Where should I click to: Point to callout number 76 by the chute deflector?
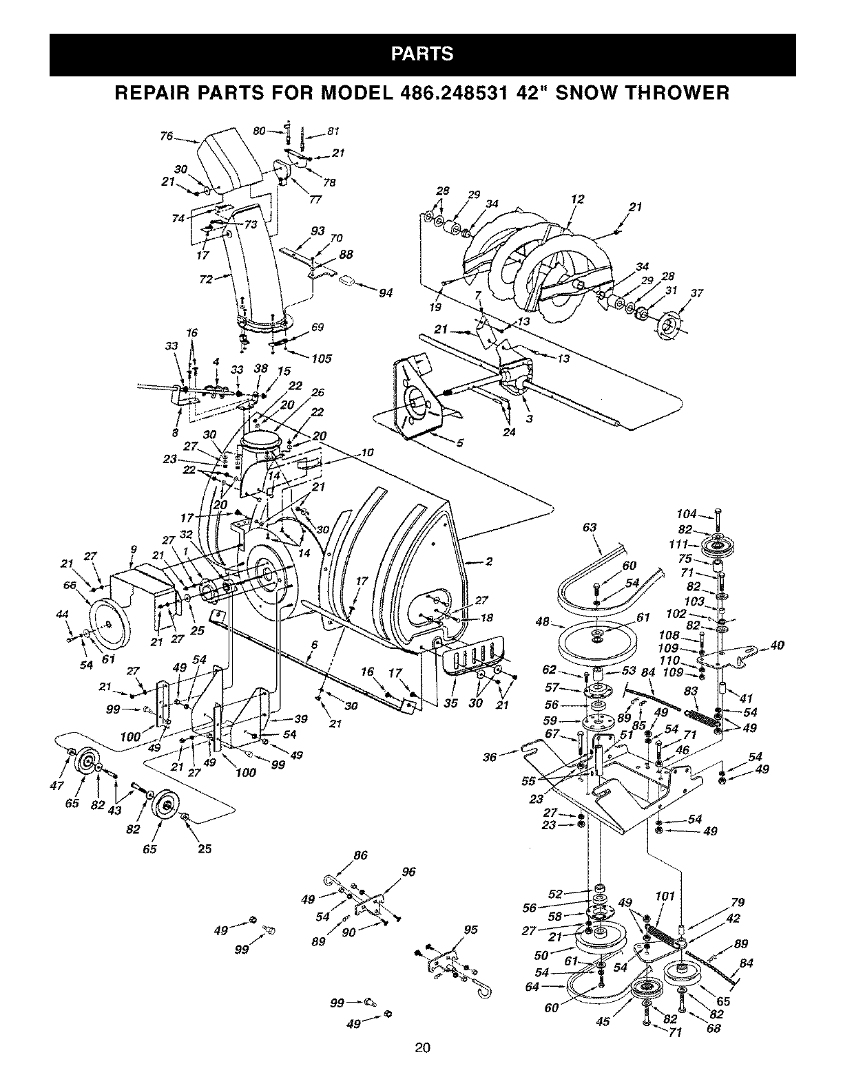point(166,136)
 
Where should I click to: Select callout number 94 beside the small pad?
point(386,294)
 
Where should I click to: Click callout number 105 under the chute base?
point(321,359)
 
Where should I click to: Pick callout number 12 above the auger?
point(577,200)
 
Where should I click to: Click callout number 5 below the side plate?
point(459,442)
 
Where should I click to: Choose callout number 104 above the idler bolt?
point(687,515)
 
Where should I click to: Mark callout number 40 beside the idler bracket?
point(778,645)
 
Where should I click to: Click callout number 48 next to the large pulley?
point(543,623)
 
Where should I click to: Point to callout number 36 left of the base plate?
point(490,758)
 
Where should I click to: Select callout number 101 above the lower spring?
point(665,896)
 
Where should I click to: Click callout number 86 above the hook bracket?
point(360,857)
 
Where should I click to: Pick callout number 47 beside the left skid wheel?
point(60,785)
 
